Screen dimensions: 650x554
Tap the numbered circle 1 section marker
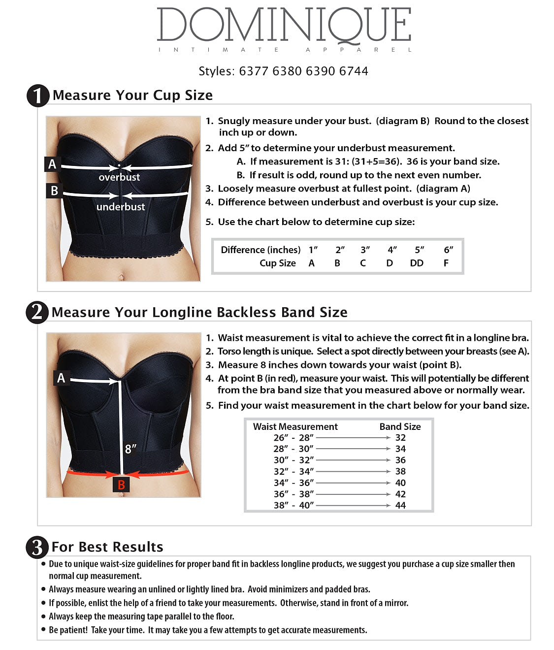38,96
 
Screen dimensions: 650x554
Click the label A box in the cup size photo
52,164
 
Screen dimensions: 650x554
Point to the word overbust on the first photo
119,177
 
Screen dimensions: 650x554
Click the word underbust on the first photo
121,207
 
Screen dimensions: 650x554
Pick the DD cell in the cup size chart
417,263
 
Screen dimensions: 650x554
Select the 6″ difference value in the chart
448,250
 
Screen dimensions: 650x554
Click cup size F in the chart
446,263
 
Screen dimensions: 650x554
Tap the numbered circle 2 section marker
37,312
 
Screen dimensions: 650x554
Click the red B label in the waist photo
121,485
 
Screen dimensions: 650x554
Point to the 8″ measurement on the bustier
130,449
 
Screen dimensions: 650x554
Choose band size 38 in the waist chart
400,471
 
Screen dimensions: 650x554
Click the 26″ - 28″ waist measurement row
293,438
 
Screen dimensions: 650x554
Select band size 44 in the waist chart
400,505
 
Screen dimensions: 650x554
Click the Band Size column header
400,426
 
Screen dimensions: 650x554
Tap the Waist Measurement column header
295,426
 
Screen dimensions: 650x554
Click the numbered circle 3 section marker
37,547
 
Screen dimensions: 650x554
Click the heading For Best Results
107,547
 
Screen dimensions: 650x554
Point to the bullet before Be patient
44,630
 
